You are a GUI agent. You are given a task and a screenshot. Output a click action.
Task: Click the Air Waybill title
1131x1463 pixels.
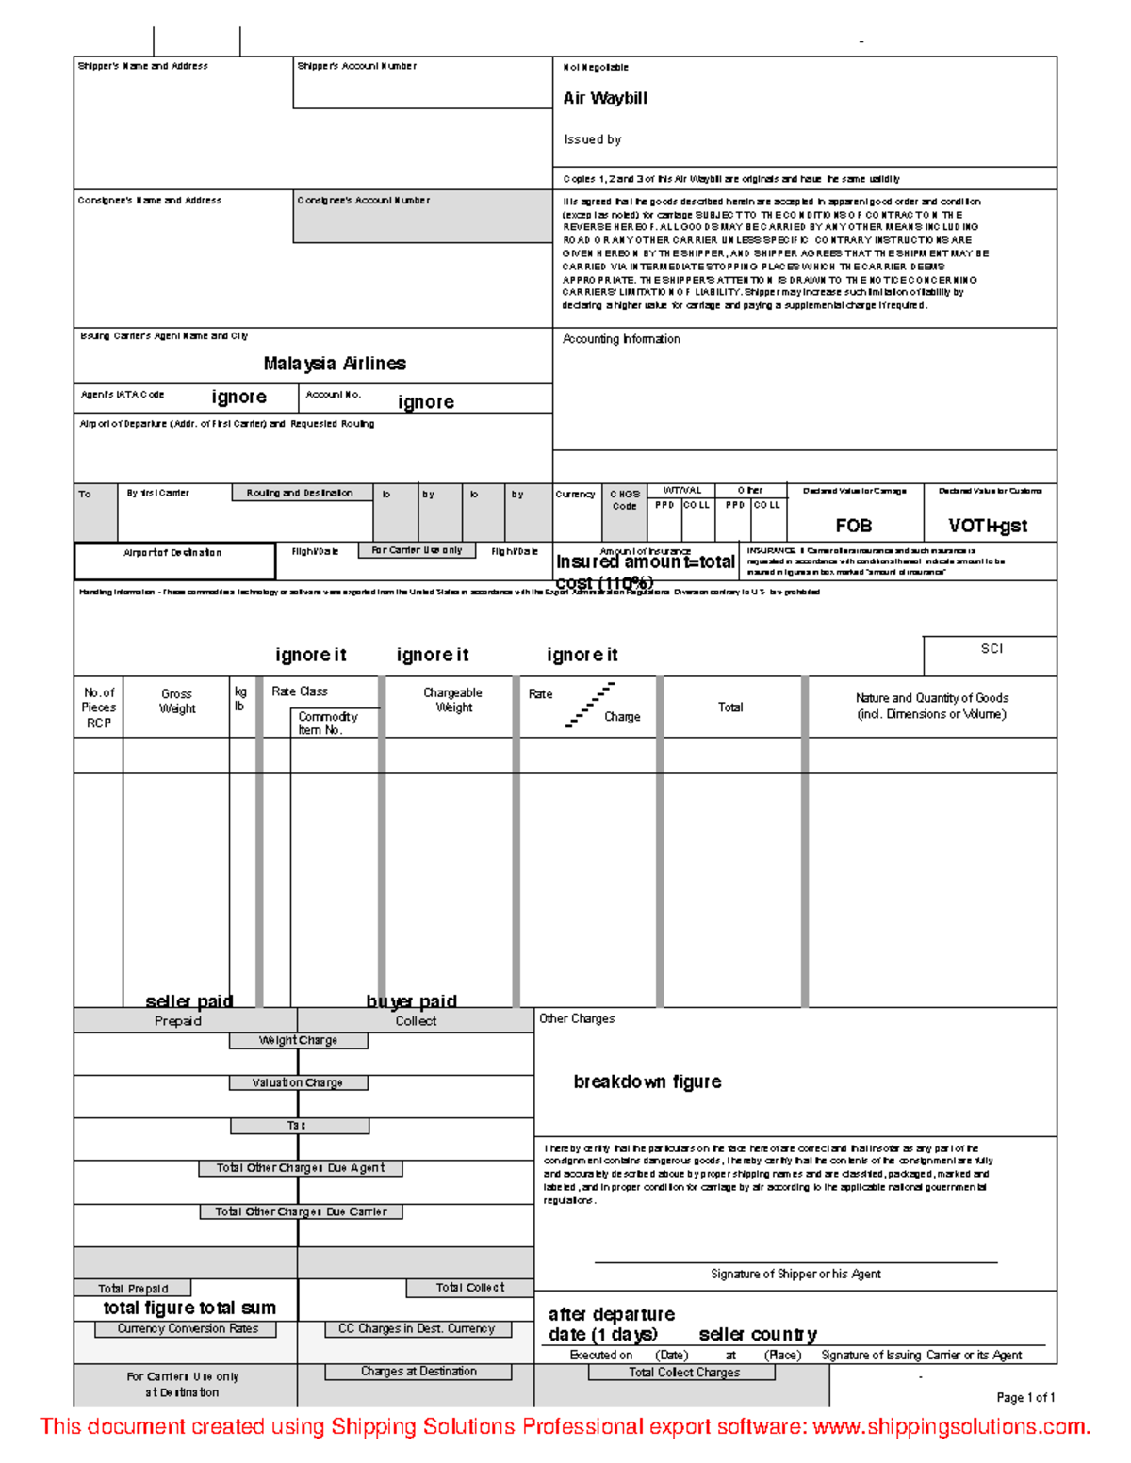pyautogui.click(x=605, y=98)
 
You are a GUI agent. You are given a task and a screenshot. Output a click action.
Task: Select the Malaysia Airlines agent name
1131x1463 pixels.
pyautogui.click(x=335, y=364)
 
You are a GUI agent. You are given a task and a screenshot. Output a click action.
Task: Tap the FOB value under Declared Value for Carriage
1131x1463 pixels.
pyautogui.click(x=854, y=526)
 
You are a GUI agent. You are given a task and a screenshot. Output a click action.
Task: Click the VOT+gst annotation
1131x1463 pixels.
pyautogui.click(x=988, y=526)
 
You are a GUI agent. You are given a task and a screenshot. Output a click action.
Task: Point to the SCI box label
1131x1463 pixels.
pyautogui.click(x=992, y=649)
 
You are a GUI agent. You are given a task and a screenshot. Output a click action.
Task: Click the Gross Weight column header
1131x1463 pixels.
pyautogui.click(x=177, y=702)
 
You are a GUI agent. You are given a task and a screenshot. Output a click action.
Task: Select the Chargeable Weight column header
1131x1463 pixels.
pyautogui.click(x=452, y=700)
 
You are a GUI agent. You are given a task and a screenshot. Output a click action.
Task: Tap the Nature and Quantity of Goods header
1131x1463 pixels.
pyautogui.click(x=931, y=706)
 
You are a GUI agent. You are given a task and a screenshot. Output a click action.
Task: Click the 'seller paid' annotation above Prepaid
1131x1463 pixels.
pyautogui.click(x=189, y=1000)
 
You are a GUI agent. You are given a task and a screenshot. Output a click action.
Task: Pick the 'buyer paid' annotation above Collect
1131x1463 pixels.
pyautogui.click(x=412, y=1000)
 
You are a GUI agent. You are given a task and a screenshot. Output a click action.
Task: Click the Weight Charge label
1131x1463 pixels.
pyautogui.click(x=298, y=1041)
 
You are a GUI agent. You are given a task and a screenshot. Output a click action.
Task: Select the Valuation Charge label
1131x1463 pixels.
pyautogui.click(x=298, y=1083)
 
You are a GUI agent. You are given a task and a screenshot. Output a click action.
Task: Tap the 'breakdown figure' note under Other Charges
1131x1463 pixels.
pyautogui.click(x=647, y=1081)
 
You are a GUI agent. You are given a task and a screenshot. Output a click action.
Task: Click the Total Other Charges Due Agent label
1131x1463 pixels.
pyautogui.click(x=301, y=1168)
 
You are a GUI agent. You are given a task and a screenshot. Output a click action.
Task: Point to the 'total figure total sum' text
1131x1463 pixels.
pyautogui.click(x=189, y=1308)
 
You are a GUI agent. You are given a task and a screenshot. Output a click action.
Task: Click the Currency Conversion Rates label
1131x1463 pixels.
pyautogui.click(x=188, y=1329)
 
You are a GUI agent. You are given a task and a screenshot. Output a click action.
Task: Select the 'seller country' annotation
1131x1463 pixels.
pyautogui.click(x=758, y=1335)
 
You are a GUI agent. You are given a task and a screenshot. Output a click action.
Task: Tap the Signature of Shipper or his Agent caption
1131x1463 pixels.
pyautogui.click(x=795, y=1275)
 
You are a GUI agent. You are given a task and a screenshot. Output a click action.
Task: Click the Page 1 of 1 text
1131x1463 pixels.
pyautogui.click(x=1025, y=1398)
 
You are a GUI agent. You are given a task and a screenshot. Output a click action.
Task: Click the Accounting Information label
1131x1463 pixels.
pyautogui.click(x=621, y=339)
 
